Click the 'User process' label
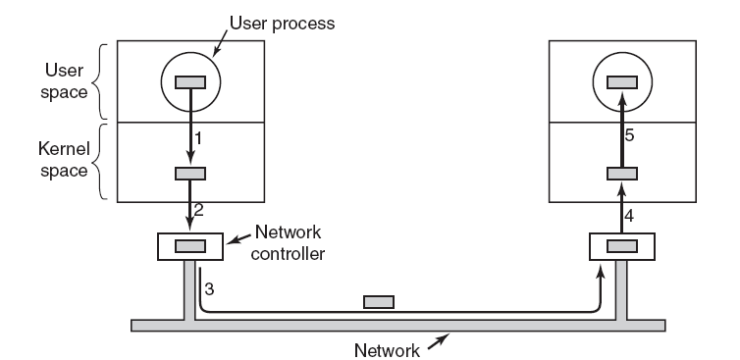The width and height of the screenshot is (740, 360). tap(283, 24)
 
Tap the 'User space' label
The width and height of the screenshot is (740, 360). tap(64, 80)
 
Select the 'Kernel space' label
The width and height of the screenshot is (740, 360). tap(64, 159)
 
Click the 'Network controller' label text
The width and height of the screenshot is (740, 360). tap(288, 242)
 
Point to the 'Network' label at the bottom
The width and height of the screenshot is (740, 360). tap(387, 350)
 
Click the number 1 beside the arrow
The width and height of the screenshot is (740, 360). tap(198, 138)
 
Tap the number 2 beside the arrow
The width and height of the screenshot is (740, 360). tap(198, 210)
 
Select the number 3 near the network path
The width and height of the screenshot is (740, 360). tap(209, 289)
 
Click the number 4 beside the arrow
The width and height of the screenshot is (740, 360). tap(629, 216)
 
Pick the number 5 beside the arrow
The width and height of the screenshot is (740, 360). tap(629, 136)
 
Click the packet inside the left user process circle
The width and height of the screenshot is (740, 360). tap(190, 82)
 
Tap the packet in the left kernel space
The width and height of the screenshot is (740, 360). tap(190, 174)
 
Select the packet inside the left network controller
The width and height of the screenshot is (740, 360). tap(190, 246)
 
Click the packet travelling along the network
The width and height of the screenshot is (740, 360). tap(379, 302)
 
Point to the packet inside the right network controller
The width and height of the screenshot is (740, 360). tap(622, 246)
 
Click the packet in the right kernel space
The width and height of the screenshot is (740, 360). tap(622, 174)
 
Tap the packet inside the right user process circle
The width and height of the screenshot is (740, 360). tap(622, 82)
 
